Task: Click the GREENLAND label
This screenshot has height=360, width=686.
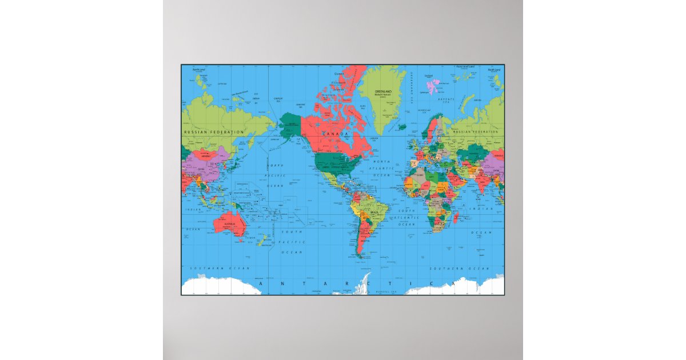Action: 382,91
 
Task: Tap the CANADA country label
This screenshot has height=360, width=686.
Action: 336,134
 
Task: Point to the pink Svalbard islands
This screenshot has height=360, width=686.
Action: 433,87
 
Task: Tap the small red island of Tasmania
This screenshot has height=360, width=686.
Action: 240,240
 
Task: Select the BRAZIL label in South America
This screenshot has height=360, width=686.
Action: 376,212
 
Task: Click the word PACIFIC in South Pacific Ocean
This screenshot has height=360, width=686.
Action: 294,242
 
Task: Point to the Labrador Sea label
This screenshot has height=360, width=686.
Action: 374,138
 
